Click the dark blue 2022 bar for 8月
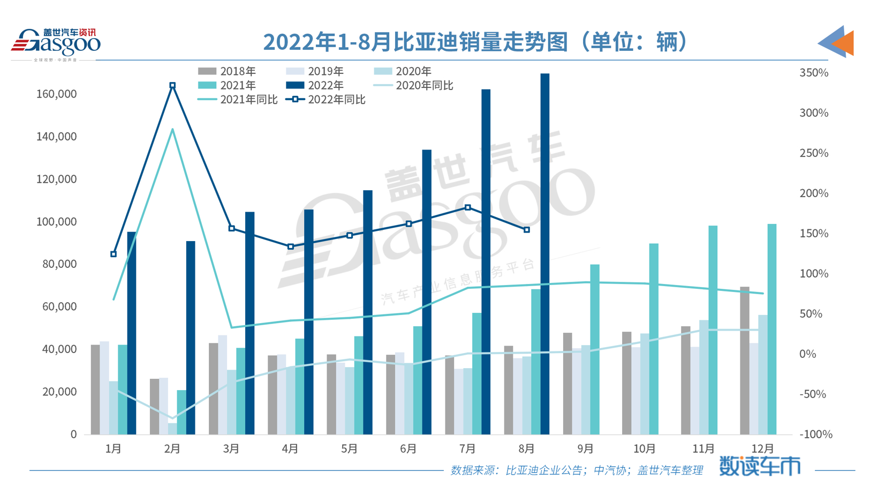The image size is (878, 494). point(544,255)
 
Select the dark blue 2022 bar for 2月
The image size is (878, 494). point(191,338)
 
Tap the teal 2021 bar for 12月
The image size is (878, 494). point(771,330)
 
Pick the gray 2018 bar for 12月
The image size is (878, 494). point(744,360)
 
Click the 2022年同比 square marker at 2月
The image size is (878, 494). point(172,85)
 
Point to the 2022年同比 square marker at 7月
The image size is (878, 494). point(467,207)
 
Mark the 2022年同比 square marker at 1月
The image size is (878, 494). point(113,254)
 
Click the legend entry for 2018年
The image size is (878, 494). point(227,71)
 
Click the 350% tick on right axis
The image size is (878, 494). point(813,73)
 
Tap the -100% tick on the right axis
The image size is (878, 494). point(815,435)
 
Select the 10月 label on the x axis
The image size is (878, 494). point(644,449)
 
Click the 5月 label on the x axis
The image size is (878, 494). point(349,449)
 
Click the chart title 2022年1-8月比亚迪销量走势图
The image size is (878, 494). point(475,42)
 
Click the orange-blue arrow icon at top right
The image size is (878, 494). point(836,42)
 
